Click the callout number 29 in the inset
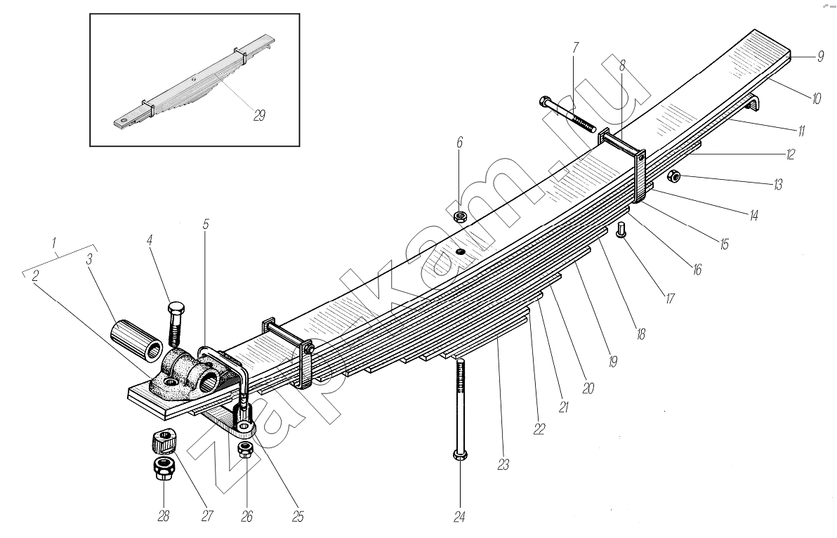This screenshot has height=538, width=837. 259,116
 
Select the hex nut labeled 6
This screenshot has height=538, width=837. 461,216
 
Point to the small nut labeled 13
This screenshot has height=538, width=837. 672,176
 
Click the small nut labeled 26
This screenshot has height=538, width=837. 245,449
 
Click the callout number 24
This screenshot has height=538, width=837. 459,518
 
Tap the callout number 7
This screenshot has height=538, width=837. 575,48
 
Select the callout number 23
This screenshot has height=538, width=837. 504,464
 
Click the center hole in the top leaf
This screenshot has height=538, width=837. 460,252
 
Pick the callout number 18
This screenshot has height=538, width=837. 640,334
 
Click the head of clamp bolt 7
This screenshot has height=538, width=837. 547,103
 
